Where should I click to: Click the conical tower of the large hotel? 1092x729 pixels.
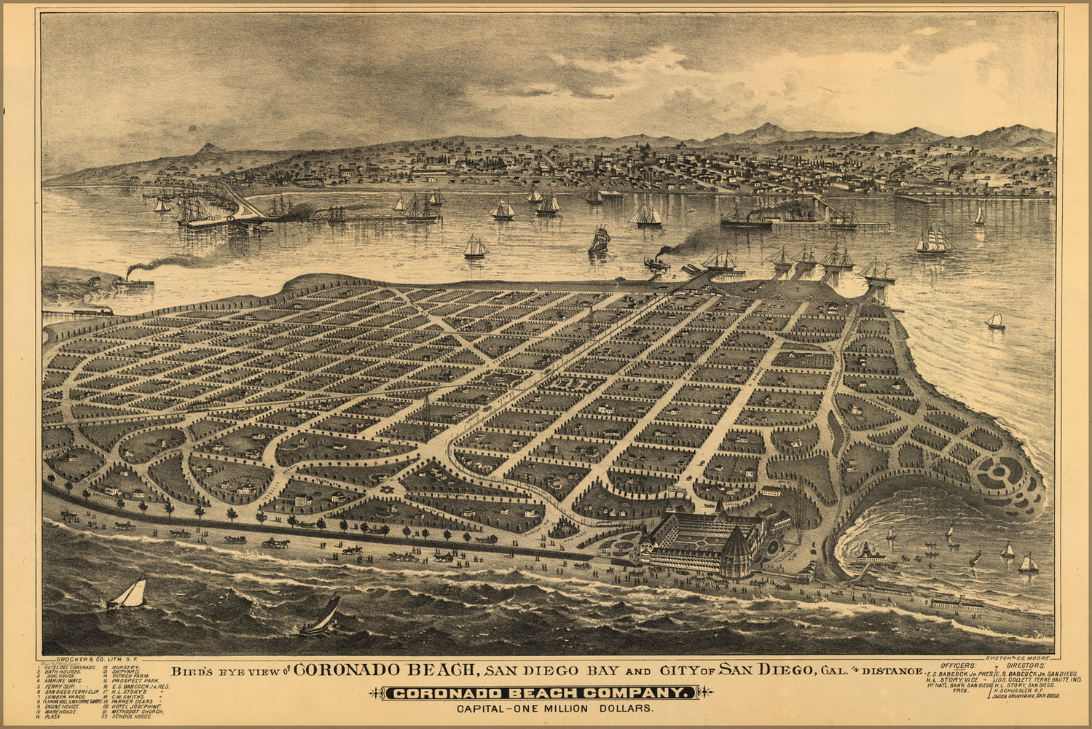tap(736, 551)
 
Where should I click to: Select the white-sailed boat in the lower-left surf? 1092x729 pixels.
tap(130, 593)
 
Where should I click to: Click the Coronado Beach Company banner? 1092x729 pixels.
tap(540, 693)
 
